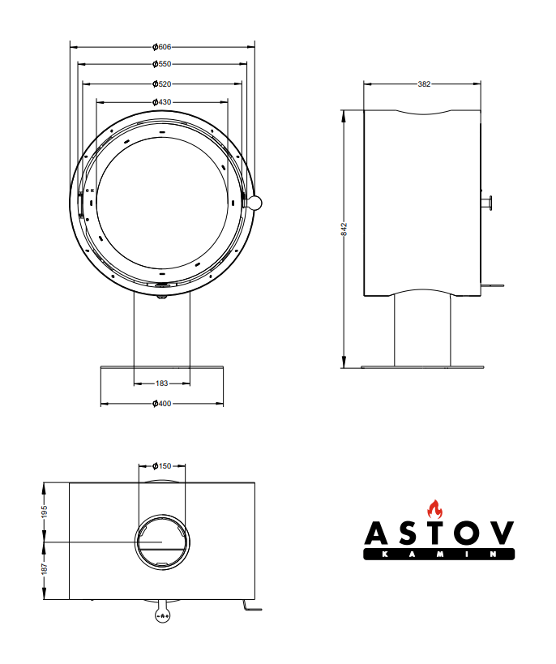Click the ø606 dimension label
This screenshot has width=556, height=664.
162,47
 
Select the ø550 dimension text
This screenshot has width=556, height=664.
162,64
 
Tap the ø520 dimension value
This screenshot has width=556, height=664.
162,84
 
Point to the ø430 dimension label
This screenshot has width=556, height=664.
162,102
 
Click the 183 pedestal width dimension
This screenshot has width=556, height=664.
162,383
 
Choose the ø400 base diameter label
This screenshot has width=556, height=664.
162,404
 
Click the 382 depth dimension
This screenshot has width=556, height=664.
424,84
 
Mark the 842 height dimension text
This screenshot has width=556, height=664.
344,229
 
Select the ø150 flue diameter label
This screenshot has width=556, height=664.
162,466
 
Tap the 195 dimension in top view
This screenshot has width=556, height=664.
45,511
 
